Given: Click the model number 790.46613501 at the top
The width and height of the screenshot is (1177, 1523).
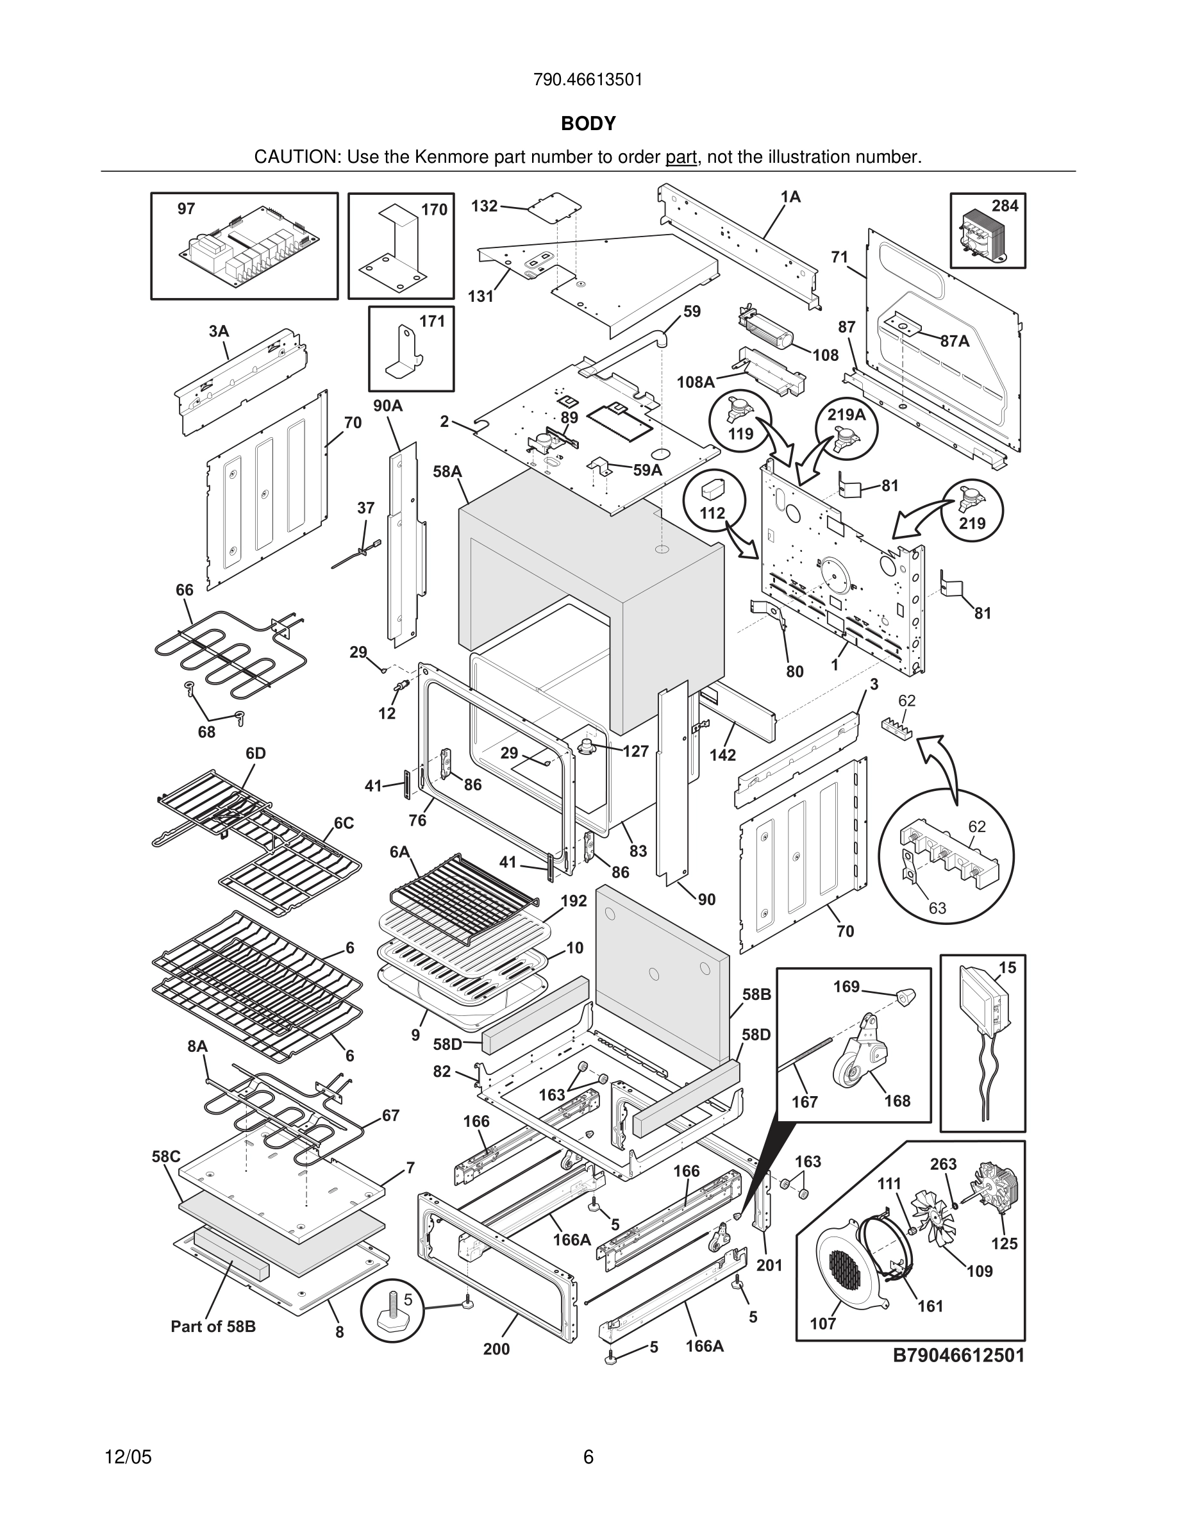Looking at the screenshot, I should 588,80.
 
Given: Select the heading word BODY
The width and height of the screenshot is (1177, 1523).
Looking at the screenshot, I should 588,124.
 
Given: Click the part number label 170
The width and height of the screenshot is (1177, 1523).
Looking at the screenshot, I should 434,210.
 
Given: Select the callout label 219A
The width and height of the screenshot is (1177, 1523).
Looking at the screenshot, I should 846,415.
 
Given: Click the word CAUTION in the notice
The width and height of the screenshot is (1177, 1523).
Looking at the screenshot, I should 296,158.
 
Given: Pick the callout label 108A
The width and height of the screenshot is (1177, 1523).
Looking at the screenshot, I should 695,382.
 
